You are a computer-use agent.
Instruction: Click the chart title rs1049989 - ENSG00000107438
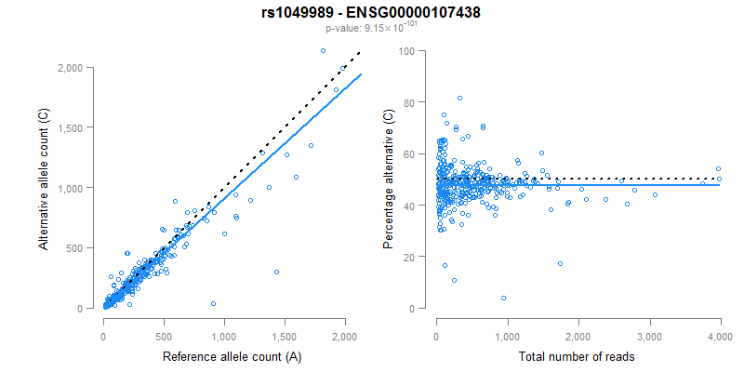[x=371, y=12]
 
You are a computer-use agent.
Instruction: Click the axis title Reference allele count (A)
[x=223, y=356]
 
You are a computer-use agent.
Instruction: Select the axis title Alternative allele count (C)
[x=44, y=179]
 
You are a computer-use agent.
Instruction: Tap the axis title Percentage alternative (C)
[x=390, y=179]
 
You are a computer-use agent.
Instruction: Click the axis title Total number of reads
[x=578, y=356]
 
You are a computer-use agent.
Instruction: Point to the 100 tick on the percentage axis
[x=405, y=51]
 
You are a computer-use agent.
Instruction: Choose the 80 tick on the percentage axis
[x=408, y=102]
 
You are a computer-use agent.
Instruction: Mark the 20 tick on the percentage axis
[x=408, y=257]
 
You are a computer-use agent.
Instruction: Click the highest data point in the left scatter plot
[x=323, y=50]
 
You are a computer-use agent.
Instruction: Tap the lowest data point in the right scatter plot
[x=503, y=298]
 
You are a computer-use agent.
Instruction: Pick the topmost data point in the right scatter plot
[x=459, y=98]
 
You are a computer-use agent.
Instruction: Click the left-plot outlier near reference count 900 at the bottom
[x=213, y=303]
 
